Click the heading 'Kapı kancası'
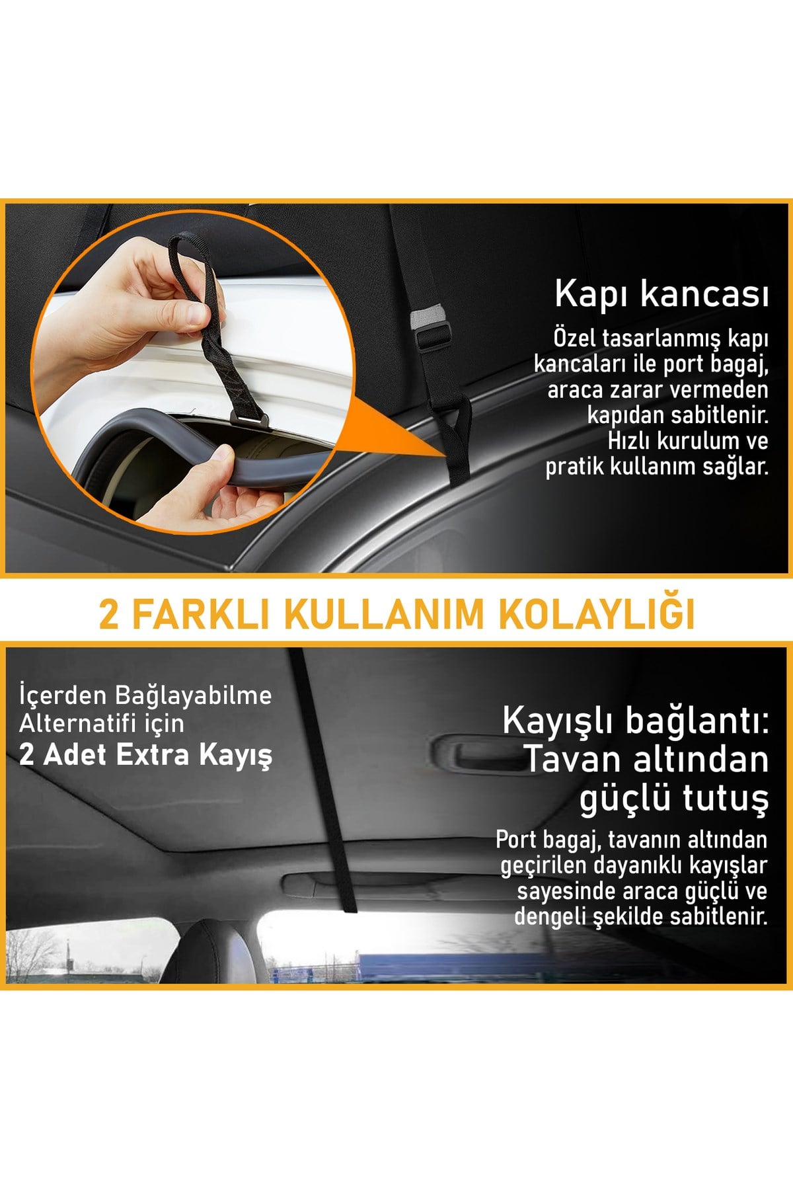(x=661, y=294)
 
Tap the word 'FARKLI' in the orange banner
(x=202, y=614)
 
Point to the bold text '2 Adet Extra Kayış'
(x=145, y=754)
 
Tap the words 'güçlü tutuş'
(x=674, y=798)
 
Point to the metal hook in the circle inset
(x=248, y=418)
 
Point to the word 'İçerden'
(x=63, y=695)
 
